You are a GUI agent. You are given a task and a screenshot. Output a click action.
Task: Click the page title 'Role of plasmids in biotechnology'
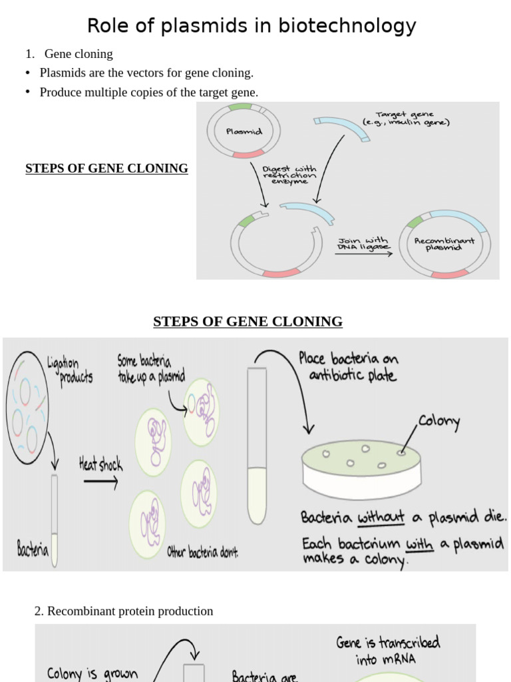coord(252,26)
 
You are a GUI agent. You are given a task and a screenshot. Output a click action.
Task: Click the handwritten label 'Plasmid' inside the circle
coord(244,132)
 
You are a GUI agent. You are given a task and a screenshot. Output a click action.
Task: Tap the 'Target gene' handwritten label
coord(406,119)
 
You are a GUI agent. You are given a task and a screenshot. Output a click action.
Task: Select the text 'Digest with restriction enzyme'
coord(289,175)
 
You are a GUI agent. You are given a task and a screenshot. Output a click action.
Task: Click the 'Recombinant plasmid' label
coord(444,244)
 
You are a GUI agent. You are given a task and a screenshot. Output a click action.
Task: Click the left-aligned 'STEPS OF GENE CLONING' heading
coord(106,169)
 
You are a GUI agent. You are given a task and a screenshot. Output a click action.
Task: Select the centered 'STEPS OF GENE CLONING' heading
coord(248,322)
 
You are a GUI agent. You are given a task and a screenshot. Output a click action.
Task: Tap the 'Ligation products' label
coord(69,370)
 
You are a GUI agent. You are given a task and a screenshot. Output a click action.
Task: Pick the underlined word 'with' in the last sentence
coord(419,544)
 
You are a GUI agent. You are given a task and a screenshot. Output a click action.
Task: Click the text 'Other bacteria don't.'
coord(202,552)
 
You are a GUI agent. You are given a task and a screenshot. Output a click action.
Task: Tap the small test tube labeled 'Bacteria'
coord(54,519)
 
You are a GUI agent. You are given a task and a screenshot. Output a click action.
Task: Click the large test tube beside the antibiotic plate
coord(257,446)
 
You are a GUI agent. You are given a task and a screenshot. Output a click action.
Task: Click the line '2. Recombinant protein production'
coord(124,611)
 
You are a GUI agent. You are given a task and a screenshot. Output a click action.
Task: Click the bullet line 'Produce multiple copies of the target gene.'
coord(149,93)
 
